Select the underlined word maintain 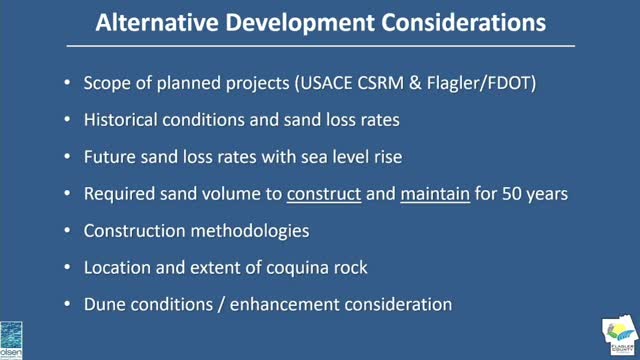click(435, 193)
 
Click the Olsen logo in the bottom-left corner click(13, 337)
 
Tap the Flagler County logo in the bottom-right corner click(618, 337)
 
